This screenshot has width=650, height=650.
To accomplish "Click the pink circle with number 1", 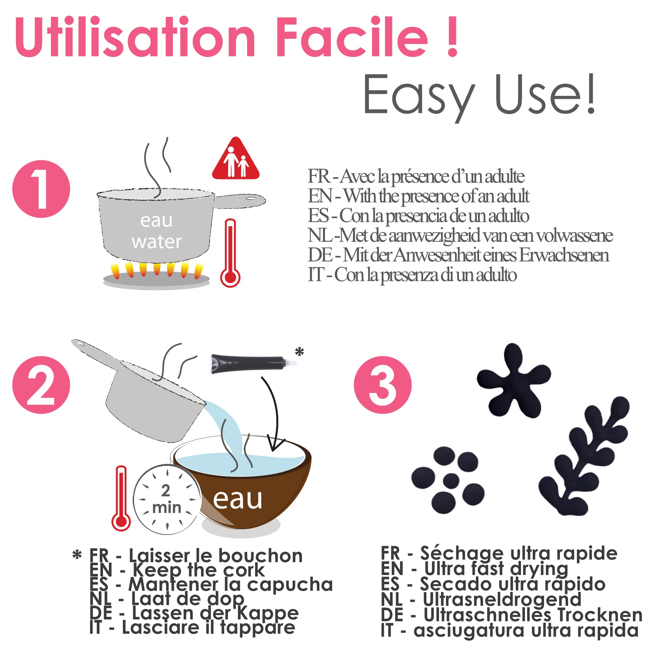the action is [x=41, y=189].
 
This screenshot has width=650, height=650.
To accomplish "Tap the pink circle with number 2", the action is [x=41, y=385].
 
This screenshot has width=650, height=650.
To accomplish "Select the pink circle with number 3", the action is [x=383, y=385].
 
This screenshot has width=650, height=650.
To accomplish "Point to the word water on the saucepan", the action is [x=157, y=241].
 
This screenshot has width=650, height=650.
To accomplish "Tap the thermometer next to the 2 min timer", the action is [x=121, y=498].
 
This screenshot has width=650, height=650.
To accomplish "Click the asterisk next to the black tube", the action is [x=299, y=352].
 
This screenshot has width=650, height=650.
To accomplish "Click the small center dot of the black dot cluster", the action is [x=451, y=481].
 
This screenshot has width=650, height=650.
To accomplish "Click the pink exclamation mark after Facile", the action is [x=452, y=37].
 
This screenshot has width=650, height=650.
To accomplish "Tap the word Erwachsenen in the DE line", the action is [x=564, y=255].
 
